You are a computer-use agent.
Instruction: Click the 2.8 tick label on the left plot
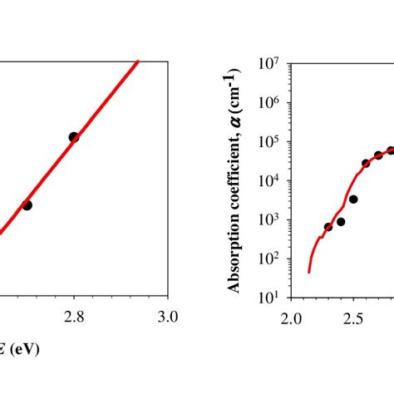[x=74, y=316]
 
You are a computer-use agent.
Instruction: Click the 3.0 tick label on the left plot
[x=168, y=316]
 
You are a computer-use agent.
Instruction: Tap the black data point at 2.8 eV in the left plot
[x=74, y=137]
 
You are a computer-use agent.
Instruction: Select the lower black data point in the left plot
[x=27, y=204]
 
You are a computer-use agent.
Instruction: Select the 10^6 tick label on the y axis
[x=270, y=102]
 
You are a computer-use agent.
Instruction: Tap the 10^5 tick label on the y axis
[x=270, y=141]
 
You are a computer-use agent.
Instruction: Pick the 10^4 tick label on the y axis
[x=270, y=180]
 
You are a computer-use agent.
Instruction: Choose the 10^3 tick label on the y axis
[x=270, y=219]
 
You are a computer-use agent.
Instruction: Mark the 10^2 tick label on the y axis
[x=270, y=259]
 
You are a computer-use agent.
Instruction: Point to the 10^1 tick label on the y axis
[x=270, y=297]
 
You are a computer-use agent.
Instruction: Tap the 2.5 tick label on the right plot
[x=353, y=318]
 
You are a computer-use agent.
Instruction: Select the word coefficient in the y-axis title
[x=235, y=174]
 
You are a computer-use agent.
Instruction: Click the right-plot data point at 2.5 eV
[x=353, y=199]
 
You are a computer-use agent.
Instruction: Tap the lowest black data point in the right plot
[x=328, y=226]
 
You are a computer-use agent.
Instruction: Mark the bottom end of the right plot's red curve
[x=308, y=271]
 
